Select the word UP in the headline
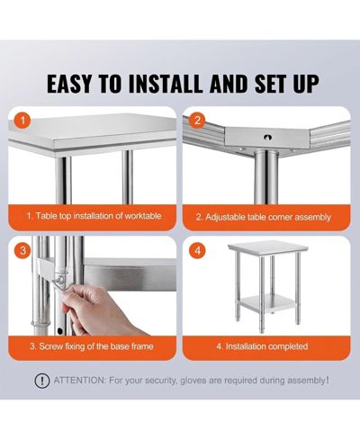coord(306,83)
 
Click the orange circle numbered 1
coord(23,121)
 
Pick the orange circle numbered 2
coord(197,121)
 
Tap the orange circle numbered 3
coord(23,250)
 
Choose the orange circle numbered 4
coord(197,250)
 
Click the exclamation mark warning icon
coord(42,381)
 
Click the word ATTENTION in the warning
coord(80,381)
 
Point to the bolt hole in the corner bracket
coord(266,138)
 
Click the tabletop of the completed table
coord(268,248)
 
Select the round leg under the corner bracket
coord(266,177)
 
